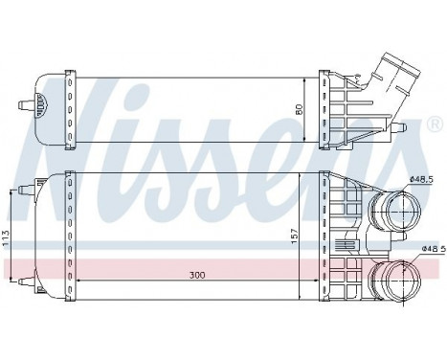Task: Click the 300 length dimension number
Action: click(195, 276)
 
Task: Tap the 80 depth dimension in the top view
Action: click(300, 108)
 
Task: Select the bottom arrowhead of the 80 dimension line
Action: click(305, 141)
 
